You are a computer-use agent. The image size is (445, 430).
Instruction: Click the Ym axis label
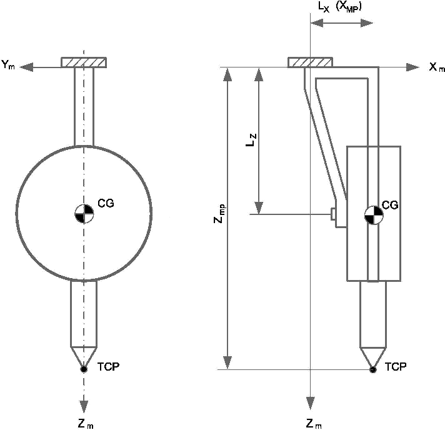8,65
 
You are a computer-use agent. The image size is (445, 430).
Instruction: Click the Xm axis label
437,67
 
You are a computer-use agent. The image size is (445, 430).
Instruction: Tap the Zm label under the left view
86,424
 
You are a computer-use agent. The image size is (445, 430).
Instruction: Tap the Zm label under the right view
314,424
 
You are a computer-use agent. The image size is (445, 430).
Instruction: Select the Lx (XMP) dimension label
340,7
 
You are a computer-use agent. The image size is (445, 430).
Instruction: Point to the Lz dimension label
251,139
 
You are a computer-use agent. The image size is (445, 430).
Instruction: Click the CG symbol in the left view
84,213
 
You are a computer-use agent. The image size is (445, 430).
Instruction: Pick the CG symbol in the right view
374,215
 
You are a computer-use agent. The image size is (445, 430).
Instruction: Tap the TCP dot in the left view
84,369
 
